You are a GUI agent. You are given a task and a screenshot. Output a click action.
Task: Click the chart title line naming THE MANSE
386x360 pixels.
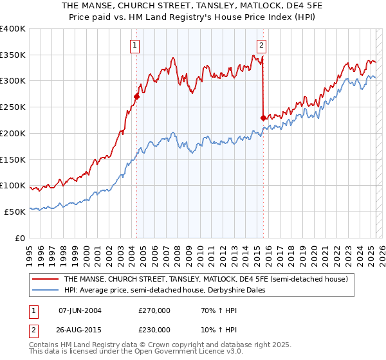coord(193,6)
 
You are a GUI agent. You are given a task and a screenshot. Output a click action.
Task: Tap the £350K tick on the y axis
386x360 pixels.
coord(13,55)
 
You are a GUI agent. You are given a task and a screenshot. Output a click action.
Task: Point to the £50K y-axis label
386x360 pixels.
coord(15,212)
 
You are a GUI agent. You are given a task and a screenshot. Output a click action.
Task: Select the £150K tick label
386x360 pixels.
coord(13,159)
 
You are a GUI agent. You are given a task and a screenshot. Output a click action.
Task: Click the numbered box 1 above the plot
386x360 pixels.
coord(135,45)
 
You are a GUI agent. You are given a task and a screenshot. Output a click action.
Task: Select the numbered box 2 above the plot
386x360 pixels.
coord(262,45)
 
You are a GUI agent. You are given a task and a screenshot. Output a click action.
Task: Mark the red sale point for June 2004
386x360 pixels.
coord(136,97)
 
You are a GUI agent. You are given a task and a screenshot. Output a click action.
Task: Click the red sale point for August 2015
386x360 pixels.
coord(263,118)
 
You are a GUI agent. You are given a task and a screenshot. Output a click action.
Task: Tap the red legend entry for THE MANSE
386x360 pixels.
coord(206,279)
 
